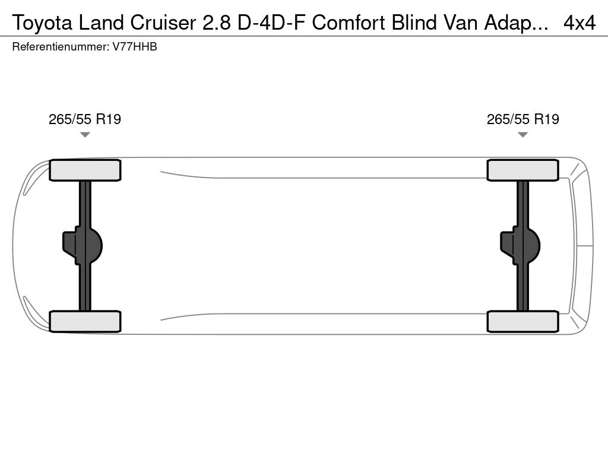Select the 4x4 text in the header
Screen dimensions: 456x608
(579, 23)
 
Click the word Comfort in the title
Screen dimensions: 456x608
(349, 23)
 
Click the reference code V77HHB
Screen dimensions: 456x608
(135, 47)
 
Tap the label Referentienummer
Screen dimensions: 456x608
(60, 47)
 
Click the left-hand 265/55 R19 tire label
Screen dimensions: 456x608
(85, 119)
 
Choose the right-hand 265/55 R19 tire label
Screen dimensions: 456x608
(523, 119)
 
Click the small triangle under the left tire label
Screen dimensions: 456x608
(85, 135)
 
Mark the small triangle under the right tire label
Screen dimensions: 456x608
(523, 135)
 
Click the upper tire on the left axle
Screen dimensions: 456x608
(85, 170)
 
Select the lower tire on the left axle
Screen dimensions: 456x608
(85, 321)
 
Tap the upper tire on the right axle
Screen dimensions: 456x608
(523, 170)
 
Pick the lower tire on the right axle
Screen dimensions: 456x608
(523, 321)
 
